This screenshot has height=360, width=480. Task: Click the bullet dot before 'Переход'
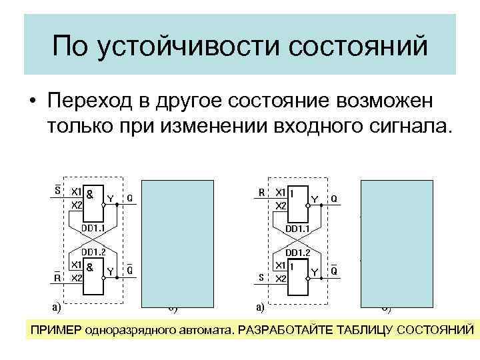pos(31,102)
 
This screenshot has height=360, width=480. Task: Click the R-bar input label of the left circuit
pos(58,276)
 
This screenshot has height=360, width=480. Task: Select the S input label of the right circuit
pos(262,276)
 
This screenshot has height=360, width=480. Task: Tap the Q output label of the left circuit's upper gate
pos(129,198)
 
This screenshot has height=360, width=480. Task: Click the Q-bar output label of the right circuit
pos(334,271)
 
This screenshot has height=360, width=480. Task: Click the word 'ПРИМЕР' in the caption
pos(55,331)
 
